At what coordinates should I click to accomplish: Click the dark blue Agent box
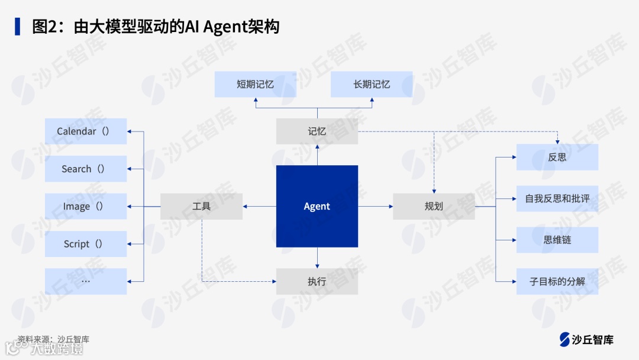317,206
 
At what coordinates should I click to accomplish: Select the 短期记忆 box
255,84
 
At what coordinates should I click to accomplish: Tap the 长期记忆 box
372,84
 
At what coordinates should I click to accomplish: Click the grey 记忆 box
317,131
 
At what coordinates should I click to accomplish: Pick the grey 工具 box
201,206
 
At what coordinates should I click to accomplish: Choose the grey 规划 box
434,206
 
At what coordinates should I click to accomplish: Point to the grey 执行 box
317,281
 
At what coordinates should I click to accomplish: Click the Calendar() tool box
86,131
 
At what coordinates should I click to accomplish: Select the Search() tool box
86,169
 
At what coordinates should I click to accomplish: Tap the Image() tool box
86,206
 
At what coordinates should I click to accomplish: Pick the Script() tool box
86,244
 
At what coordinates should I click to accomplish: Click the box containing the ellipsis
86,281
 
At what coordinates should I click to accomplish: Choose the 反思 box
557,157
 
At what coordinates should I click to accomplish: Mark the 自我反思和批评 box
557,198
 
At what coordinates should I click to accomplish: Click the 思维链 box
557,240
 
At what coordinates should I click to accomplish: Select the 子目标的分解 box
557,281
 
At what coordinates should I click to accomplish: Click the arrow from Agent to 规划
376,206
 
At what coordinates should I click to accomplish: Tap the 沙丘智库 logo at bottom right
586,339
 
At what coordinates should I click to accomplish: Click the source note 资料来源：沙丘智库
53,339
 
